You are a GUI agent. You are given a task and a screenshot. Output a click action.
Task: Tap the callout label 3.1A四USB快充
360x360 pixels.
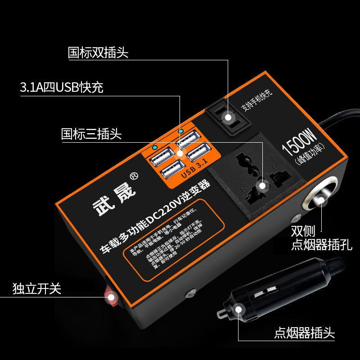click(62, 87)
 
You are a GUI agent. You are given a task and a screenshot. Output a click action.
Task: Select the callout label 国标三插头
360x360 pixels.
click(91, 134)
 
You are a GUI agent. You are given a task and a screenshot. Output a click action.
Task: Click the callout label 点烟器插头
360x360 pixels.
click(304, 334)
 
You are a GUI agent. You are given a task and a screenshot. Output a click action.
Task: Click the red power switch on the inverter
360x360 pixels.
click(110, 297)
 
